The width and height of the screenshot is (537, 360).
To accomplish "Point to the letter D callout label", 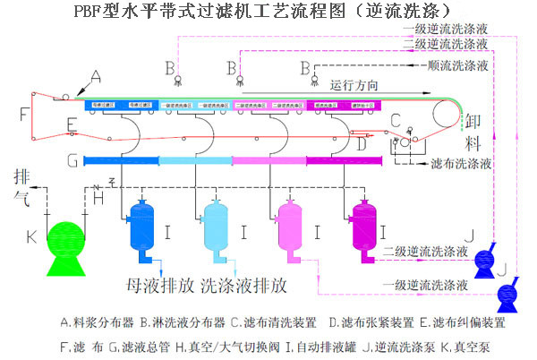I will (360, 141).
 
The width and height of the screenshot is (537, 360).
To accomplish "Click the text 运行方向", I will (354, 85).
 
